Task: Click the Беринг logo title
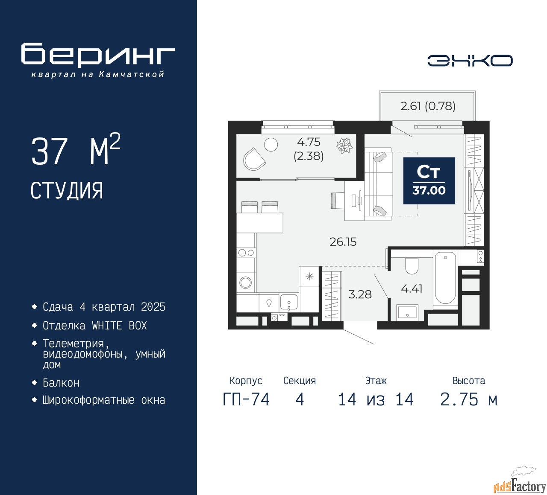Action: coord(98,55)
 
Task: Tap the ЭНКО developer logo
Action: coord(470,61)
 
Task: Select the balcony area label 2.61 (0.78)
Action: coord(428,106)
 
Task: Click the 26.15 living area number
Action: coord(343,242)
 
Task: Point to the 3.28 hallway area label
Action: coord(360,294)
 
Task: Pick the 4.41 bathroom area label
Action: coord(412,289)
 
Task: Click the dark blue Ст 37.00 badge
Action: coord(429,181)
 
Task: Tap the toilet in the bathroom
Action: coord(412,265)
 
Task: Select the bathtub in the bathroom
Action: coord(445,278)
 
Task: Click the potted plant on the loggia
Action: coord(344,146)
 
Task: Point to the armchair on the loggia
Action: coord(254,159)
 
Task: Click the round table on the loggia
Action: coord(271,145)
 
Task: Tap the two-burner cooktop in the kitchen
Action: coord(246,253)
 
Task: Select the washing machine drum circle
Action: coord(246,282)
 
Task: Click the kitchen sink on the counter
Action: coord(289,301)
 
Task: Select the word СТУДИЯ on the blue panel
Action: coord(67,191)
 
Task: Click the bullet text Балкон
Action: coord(61,383)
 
